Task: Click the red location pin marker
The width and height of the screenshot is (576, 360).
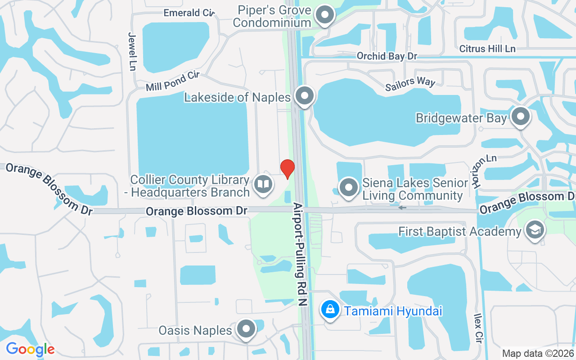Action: pos(288,169)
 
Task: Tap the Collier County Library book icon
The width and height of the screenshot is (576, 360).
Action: pos(263,184)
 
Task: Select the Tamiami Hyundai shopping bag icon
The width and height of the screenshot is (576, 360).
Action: pos(330,310)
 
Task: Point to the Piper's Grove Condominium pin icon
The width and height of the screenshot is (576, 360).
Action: pos(324,15)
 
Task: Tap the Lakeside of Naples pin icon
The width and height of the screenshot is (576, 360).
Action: pos(305,96)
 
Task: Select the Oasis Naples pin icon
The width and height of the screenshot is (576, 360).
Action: pos(246,330)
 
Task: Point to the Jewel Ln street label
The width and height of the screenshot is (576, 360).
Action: pos(132,51)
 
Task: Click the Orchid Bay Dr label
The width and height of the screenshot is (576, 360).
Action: pos(387,56)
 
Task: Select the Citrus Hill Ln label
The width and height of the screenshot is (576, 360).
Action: pos(487,48)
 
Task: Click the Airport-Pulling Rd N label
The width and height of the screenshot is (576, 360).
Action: pos(300,254)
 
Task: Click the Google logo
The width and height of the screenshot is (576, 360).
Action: pos(30,349)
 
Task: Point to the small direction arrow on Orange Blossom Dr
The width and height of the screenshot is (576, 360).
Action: pos(402,208)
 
